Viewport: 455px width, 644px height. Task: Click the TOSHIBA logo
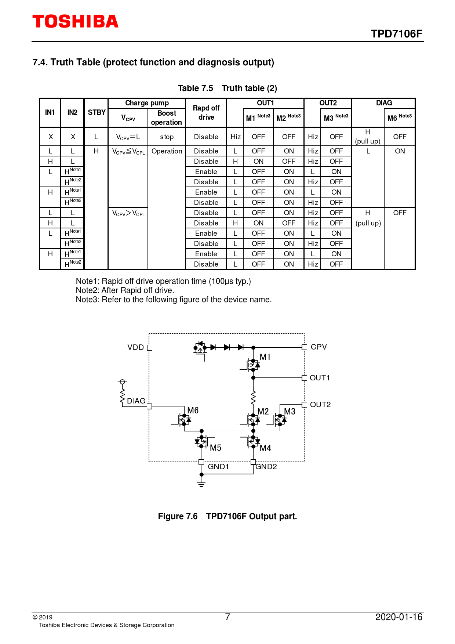[x=75, y=22]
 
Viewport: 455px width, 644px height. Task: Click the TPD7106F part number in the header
[x=396, y=34]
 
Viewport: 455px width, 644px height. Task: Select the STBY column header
[x=97, y=112]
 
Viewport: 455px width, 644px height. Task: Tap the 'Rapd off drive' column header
[x=206, y=113]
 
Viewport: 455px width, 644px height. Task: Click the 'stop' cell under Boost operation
[x=167, y=137]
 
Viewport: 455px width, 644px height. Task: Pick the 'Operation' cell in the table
[x=167, y=151]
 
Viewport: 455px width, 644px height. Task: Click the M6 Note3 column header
[x=399, y=118]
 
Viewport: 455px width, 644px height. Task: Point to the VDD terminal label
[x=135, y=347]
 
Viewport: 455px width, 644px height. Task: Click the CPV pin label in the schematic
[x=318, y=347]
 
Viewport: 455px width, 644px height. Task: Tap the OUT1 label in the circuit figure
[x=320, y=378]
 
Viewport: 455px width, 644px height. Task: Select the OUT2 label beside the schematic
[x=320, y=405]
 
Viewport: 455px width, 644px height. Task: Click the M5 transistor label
[x=215, y=448]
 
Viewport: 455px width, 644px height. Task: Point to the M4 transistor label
[x=265, y=448]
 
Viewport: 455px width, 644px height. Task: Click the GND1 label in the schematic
[x=218, y=467]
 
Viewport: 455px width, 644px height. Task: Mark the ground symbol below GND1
[x=201, y=484]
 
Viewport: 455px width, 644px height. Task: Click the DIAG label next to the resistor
[x=136, y=401]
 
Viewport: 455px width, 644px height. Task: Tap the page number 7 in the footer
[x=227, y=617]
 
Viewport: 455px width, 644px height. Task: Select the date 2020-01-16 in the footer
[x=399, y=617]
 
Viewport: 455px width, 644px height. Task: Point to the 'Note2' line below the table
[x=125, y=290]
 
